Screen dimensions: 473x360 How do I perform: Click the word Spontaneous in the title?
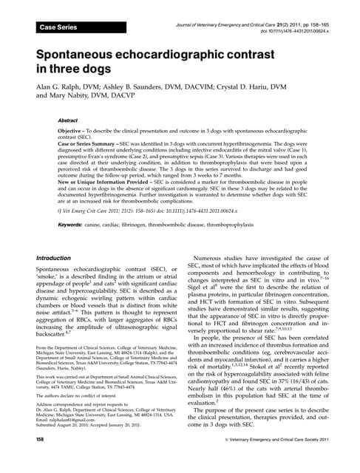click(82, 55)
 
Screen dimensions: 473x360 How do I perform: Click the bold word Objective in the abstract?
click(75, 129)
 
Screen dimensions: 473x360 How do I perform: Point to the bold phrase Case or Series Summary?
click(97, 143)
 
